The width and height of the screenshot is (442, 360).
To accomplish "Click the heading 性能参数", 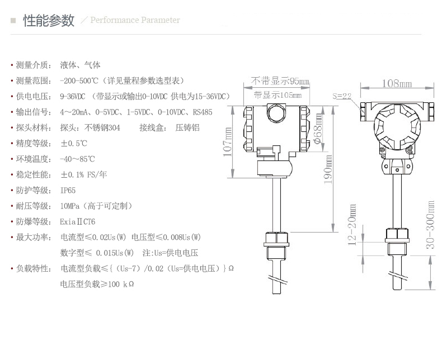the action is (49, 21).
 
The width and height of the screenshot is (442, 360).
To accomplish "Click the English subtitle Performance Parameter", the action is (135, 20).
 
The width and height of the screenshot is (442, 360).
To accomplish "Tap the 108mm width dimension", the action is (397, 83).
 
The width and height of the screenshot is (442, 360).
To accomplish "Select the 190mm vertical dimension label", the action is (328, 169).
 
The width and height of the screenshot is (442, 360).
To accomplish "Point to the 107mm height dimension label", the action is (228, 142).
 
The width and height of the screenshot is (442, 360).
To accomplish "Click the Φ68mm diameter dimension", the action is (318, 129).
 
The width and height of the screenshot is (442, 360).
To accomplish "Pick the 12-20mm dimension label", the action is (352, 225).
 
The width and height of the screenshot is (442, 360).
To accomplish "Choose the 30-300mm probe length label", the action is (430, 225).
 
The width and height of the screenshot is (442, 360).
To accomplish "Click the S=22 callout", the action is (342, 96).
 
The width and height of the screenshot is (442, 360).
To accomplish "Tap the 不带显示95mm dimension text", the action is (280, 81).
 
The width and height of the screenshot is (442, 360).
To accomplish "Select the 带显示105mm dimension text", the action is (278, 95).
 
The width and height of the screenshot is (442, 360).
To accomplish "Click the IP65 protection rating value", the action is (68, 191).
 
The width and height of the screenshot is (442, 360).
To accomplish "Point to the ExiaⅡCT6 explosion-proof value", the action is (78, 222).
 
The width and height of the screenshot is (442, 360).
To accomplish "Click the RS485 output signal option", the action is (203, 112).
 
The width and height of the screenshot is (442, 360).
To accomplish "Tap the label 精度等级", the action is (32, 143).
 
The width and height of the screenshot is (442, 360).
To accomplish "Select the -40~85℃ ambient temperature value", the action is (77, 159).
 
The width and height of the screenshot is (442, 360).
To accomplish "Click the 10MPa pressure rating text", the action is (70, 206).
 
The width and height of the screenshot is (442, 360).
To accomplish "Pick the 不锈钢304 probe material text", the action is (102, 128).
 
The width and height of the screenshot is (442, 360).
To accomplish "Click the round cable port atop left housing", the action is (276, 113).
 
